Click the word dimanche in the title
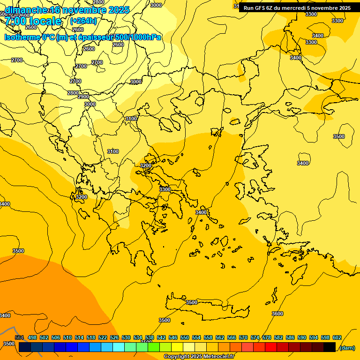click(x=26, y=10)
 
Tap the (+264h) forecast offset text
click(x=83, y=21)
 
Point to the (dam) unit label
click(x=347, y=348)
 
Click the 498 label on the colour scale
click(x=32, y=338)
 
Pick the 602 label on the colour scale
click(x=337, y=338)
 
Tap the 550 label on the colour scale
click(x=185, y=338)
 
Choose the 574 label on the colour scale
click(x=255, y=338)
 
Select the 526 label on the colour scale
click(x=114, y=338)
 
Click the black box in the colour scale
click(x=330, y=347)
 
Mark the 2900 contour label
click(x=83, y=97)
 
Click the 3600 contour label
click(x=277, y=314)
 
